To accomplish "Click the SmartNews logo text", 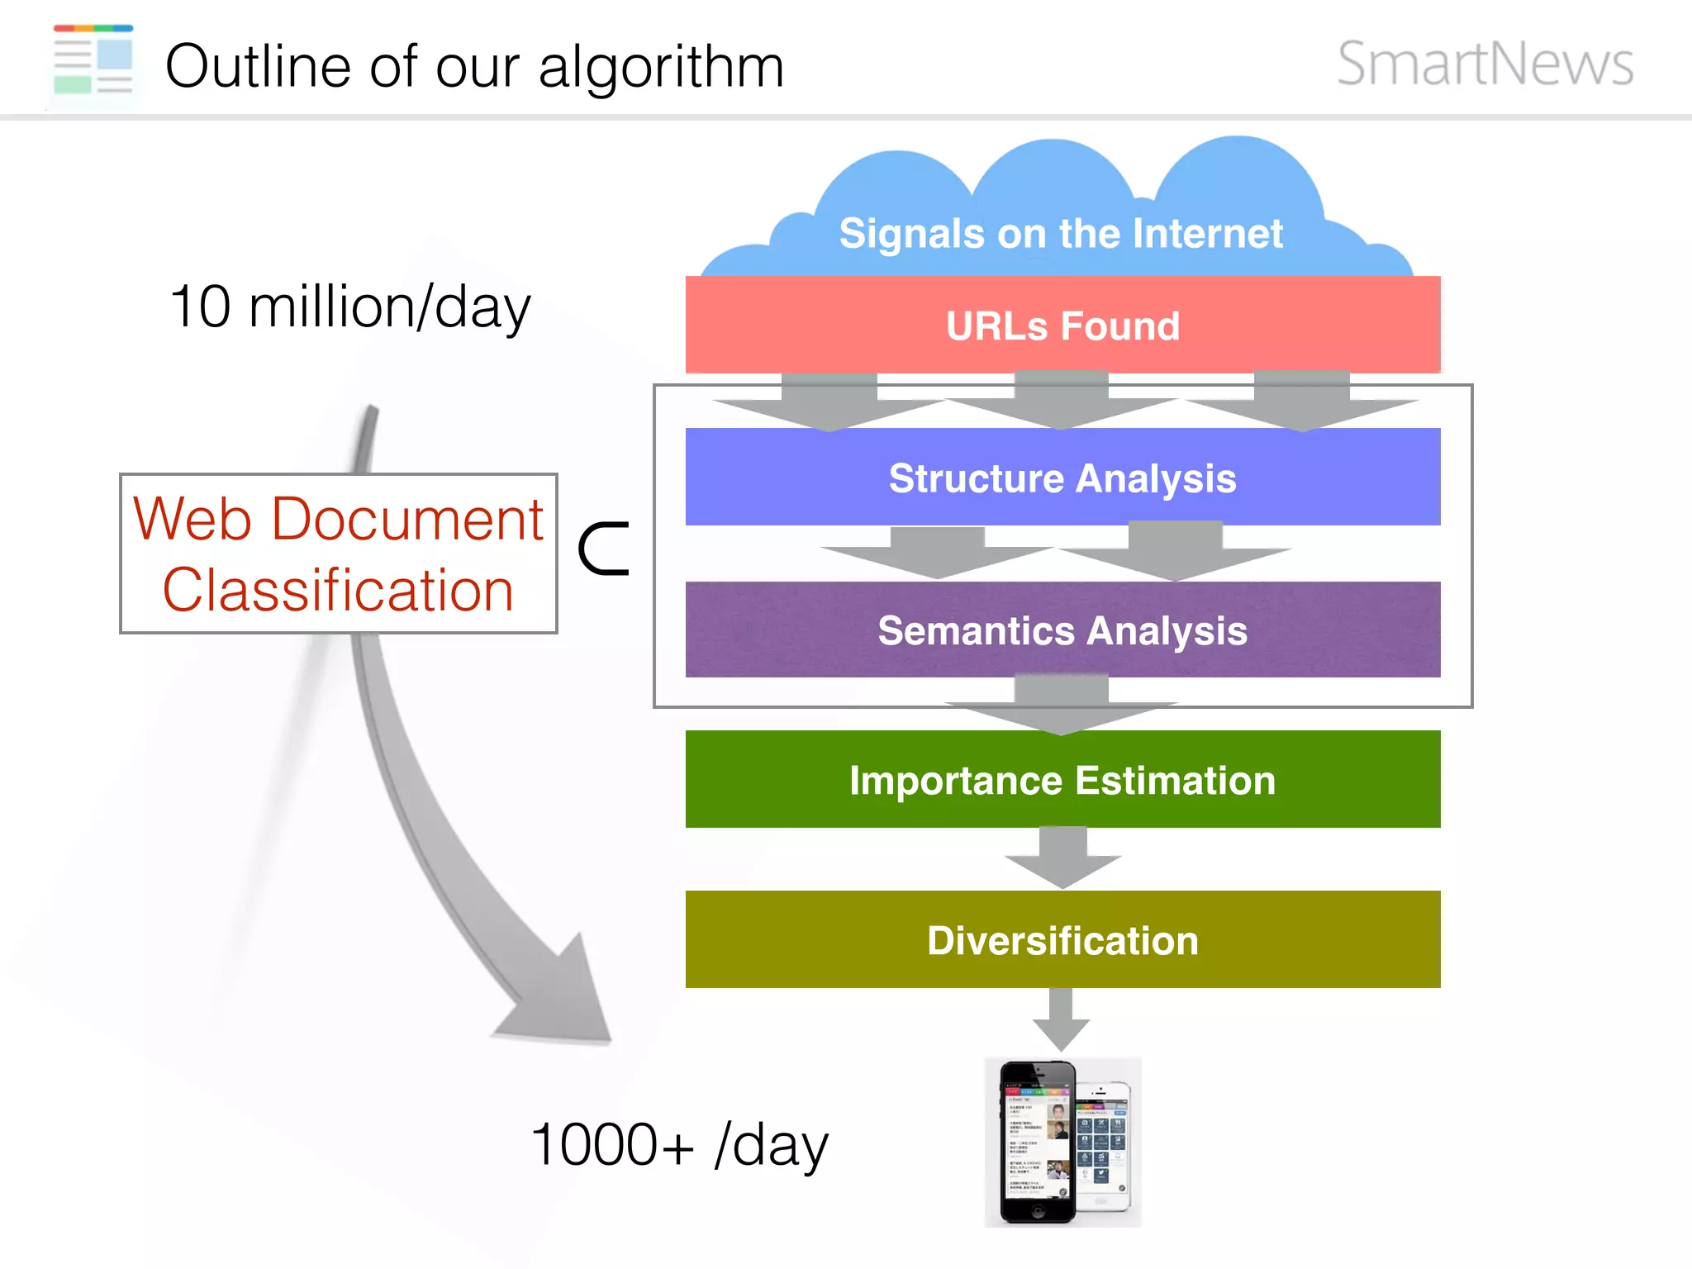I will pos(1485,64).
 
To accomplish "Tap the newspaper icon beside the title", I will pos(93,60).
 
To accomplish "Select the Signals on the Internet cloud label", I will pos(1061,234).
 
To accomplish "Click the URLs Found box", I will pos(1062,326).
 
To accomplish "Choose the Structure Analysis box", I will pos(1062,478).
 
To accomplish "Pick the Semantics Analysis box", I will pos(1062,630).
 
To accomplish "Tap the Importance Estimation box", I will pos(1062,780).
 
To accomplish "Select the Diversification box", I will pos(1062,940).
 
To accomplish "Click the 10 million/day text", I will pos(349,307).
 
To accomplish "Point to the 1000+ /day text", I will pos(679,1145).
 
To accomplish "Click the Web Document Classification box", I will pos(339,554).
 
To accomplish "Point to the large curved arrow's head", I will pos(562,1000).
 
